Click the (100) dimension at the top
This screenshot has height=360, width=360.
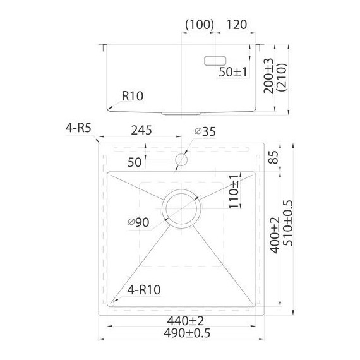click(x=199, y=27)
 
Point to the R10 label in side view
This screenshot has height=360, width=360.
click(x=133, y=97)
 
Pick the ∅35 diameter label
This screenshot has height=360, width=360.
click(x=205, y=131)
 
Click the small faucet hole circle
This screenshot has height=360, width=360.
click(x=183, y=159)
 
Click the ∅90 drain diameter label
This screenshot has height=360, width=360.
click(x=138, y=222)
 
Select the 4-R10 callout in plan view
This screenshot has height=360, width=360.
click(x=143, y=291)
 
